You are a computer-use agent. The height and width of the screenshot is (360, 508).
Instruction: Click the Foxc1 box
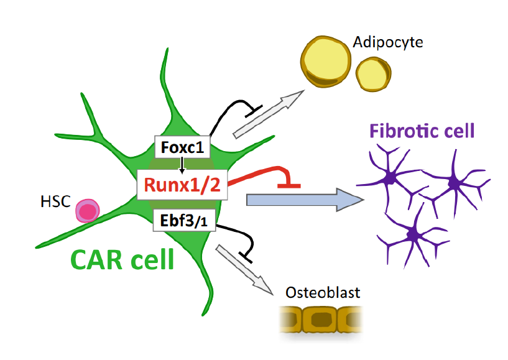[x=182, y=149]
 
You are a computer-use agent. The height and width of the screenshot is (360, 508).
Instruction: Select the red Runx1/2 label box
[x=182, y=185]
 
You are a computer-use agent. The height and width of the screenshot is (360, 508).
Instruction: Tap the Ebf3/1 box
[x=184, y=221]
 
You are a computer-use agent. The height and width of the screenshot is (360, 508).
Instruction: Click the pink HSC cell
[x=88, y=211]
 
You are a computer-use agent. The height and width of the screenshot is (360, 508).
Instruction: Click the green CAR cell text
[x=122, y=259]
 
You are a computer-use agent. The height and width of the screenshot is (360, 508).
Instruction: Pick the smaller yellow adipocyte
[x=373, y=74]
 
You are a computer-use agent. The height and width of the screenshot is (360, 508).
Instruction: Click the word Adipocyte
[x=388, y=43]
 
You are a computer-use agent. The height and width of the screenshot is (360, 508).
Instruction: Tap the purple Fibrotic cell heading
[x=422, y=131]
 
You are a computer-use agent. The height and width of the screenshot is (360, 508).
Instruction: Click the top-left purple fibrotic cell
[x=390, y=178]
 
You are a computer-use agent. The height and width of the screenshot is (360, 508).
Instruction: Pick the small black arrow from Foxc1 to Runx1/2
[x=182, y=165]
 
